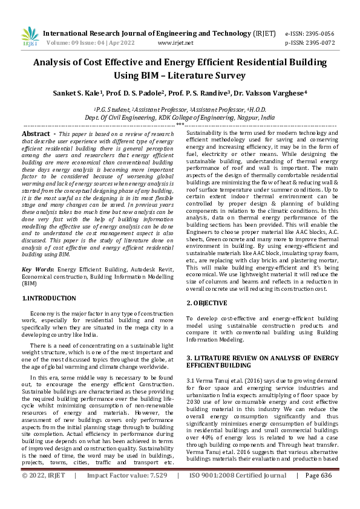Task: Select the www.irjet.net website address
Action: [175, 44]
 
